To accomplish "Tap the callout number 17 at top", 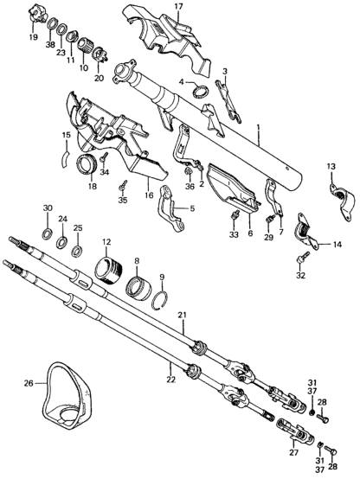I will (179, 8).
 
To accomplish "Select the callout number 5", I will (190, 208).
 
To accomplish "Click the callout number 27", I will (290, 451).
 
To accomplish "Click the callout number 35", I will (122, 200).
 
